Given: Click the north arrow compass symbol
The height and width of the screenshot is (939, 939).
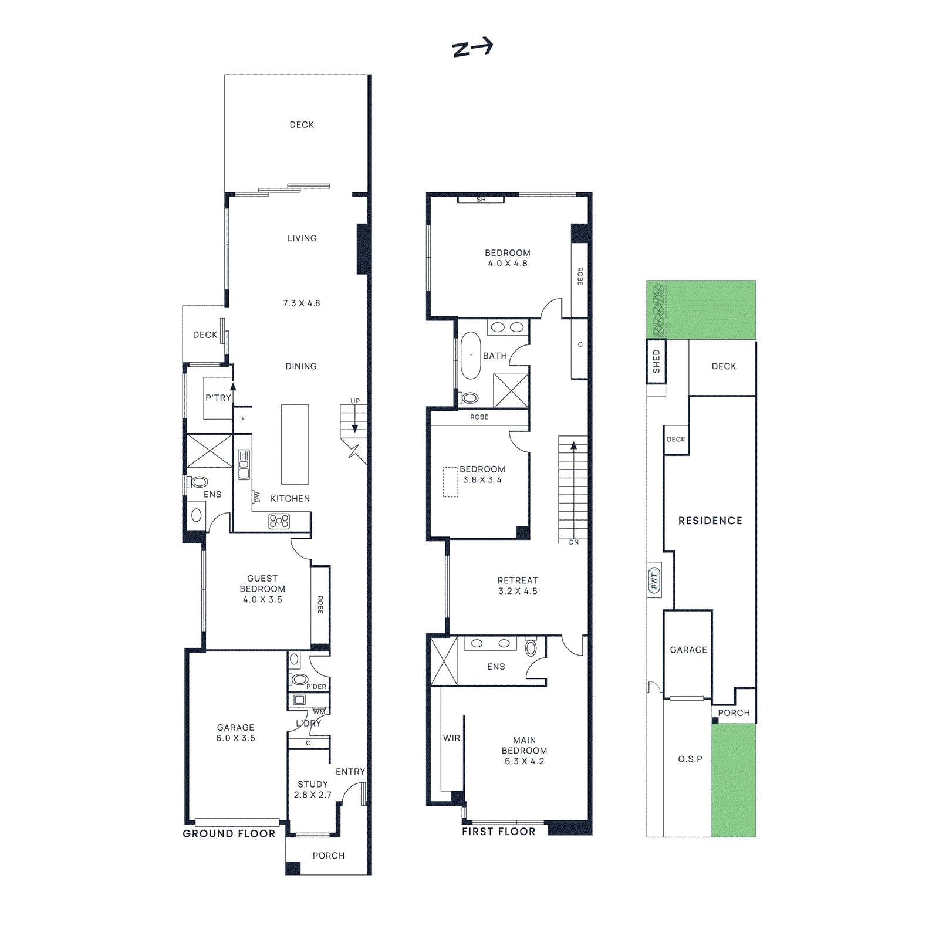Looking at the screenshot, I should [472, 48].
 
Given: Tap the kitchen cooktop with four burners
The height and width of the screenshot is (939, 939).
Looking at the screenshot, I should [279, 521].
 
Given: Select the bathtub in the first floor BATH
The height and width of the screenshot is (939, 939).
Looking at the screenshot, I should [471, 356].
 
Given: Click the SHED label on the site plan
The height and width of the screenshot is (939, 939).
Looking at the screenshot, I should [656, 362].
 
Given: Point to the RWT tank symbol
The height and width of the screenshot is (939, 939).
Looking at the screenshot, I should [654, 580].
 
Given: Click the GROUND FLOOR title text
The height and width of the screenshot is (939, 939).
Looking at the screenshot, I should [229, 834].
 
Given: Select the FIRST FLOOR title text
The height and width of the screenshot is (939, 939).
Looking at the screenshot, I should [498, 832].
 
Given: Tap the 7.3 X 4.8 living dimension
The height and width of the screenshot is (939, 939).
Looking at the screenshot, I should [302, 303].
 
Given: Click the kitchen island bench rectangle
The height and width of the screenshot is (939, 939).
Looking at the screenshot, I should [295, 444].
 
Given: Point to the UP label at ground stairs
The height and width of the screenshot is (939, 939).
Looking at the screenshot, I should [355, 401].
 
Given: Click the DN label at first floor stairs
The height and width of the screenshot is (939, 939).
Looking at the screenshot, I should [573, 542].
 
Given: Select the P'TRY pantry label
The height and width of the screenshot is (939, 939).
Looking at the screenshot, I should [218, 398].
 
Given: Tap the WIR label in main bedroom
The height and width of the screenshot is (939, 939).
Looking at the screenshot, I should [451, 738].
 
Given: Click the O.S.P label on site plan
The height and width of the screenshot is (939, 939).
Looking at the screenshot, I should [690, 759].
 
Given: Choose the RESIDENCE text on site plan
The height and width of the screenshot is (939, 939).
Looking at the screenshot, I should [710, 521].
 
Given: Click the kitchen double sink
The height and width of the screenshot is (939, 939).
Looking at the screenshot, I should [244, 465].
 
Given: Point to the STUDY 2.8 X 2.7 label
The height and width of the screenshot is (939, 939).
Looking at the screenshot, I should [313, 789].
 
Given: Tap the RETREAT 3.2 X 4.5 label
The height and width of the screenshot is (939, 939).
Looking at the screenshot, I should [518, 586].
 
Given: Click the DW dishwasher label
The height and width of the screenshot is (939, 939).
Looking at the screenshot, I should [256, 497].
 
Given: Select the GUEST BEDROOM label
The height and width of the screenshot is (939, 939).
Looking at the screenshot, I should [262, 589].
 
